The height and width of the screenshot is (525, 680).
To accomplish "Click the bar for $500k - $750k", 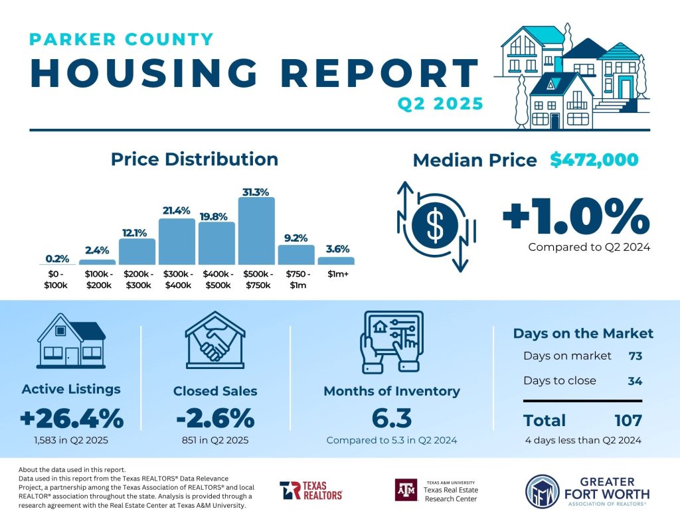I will (x=256, y=232).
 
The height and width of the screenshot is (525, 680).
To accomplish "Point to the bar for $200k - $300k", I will (x=137, y=252).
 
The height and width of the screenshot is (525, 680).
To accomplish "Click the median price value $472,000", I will (x=594, y=160).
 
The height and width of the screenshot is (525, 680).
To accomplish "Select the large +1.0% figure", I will (x=575, y=216).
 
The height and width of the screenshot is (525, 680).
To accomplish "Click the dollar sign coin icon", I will (x=435, y=226).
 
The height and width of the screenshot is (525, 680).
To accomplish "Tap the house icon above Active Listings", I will (x=71, y=340).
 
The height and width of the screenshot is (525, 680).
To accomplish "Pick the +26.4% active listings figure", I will (x=71, y=419).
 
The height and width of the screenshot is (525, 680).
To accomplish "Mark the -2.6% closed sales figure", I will (x=214, y=419).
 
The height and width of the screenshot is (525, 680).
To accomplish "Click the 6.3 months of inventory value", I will (x=391, y=419).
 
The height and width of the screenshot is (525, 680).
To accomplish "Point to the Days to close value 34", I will (x=635, y=381).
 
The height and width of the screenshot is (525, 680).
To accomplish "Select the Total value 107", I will (x=628, y=420).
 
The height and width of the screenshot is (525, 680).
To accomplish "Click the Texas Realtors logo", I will (x=311, y=490).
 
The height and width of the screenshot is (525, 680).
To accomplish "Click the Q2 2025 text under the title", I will (x=440, y=104).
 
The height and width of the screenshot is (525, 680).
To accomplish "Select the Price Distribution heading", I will (x=194, y=159).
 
